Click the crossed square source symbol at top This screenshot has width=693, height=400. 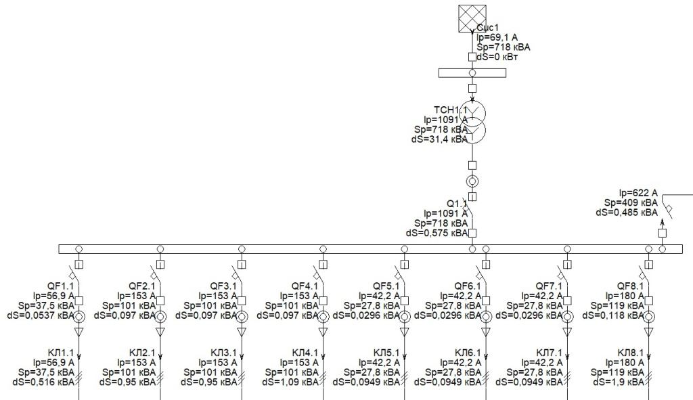(472, 18)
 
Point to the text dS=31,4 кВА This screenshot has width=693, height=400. (441, 139)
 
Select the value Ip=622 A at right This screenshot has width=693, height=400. (638, 192)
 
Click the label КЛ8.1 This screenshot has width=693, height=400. (631, 353)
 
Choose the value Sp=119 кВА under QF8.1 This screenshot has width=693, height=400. (617, 305)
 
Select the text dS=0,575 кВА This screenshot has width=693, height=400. (436, 232)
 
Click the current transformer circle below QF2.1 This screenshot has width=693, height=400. (160, 316)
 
